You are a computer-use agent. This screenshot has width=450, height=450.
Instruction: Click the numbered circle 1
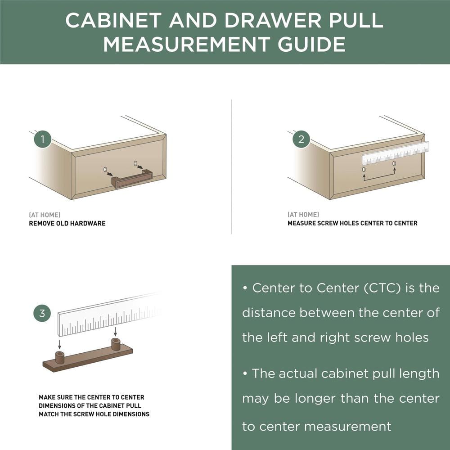click(x=43, y=139)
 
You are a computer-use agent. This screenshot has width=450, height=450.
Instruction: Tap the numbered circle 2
click(x=301, y=139)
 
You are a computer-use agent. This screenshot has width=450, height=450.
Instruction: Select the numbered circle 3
click(x=42, y=313)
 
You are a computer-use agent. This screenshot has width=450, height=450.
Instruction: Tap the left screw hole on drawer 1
click(x=105, y=170)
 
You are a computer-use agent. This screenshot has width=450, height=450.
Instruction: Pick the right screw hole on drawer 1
click(x=135, y=163)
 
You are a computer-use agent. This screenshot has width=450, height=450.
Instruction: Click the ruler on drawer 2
click(x=396, y=153)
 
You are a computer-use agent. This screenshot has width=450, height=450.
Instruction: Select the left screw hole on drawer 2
click(x=364, y=170)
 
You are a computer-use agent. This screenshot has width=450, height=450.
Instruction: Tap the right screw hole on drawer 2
click(x=394, y=163)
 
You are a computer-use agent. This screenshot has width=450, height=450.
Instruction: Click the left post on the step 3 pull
click(x=59, y=357)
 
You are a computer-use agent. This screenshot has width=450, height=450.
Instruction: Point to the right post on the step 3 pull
click(x=116, y=345)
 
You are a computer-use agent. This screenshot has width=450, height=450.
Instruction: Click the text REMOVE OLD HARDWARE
click(x=67, y=223)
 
